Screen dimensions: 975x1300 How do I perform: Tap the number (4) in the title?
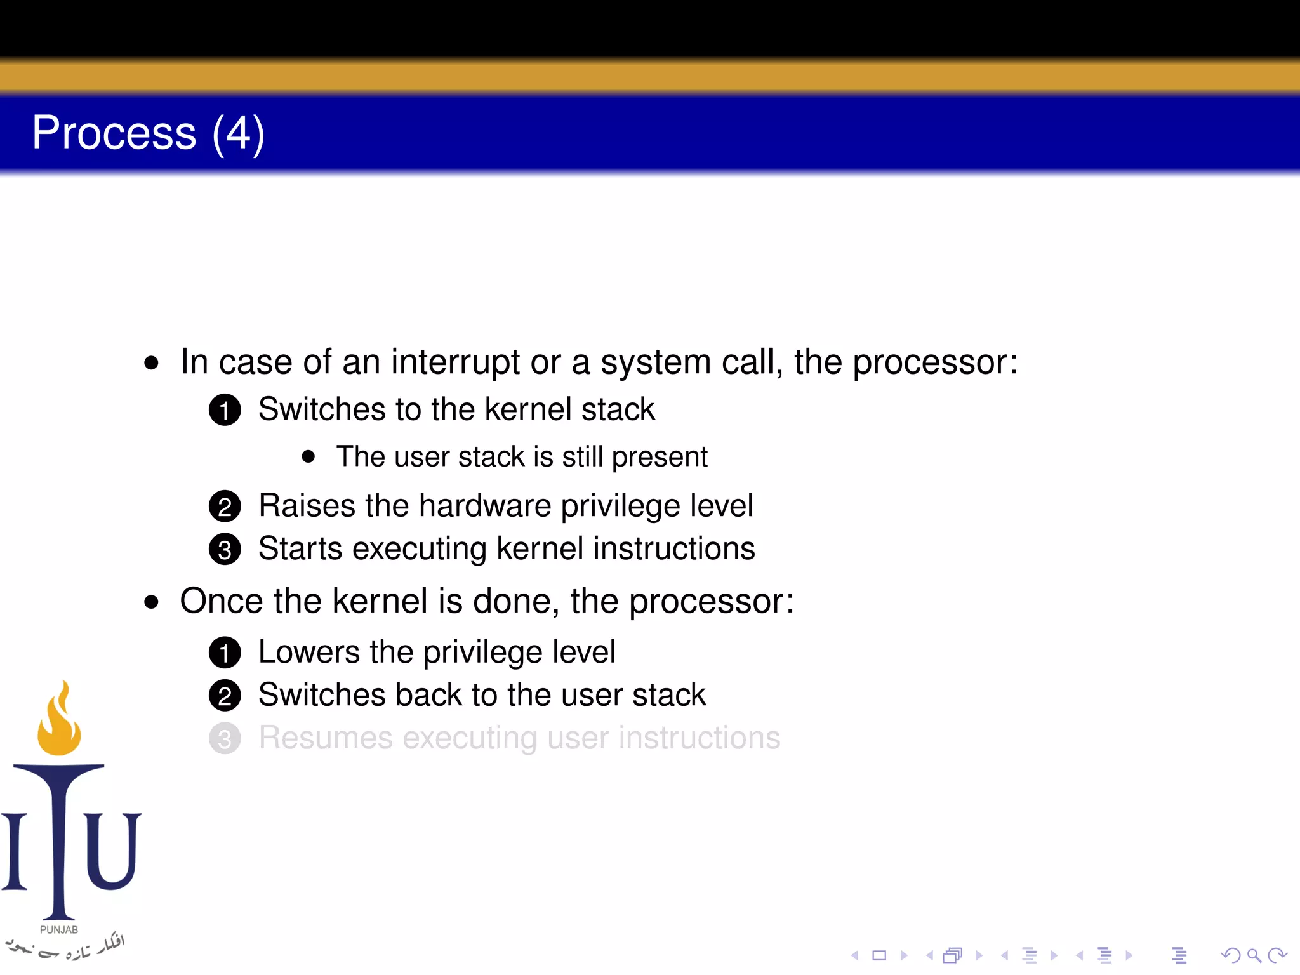coord(238,134)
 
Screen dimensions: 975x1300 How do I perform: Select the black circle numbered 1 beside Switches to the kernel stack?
coord(225,410)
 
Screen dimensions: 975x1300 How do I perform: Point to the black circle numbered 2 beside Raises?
coord(225,507)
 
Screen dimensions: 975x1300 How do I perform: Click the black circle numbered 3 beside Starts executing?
coord(225,550)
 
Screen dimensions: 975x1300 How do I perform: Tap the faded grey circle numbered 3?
coord(225,739)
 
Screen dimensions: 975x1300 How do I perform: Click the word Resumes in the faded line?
coord(326,738)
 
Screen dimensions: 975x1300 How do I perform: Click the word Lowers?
coord(309,652)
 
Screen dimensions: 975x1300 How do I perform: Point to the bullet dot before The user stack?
coord(308,457)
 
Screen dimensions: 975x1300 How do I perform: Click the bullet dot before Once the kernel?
coord(151,602)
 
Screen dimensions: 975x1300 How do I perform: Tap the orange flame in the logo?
coord(59,720)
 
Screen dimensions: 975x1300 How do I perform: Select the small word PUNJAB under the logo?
coord(59,930)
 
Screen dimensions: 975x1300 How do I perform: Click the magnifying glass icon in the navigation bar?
coord(1254,955)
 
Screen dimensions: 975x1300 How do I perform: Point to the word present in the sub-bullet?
coord(660,457)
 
